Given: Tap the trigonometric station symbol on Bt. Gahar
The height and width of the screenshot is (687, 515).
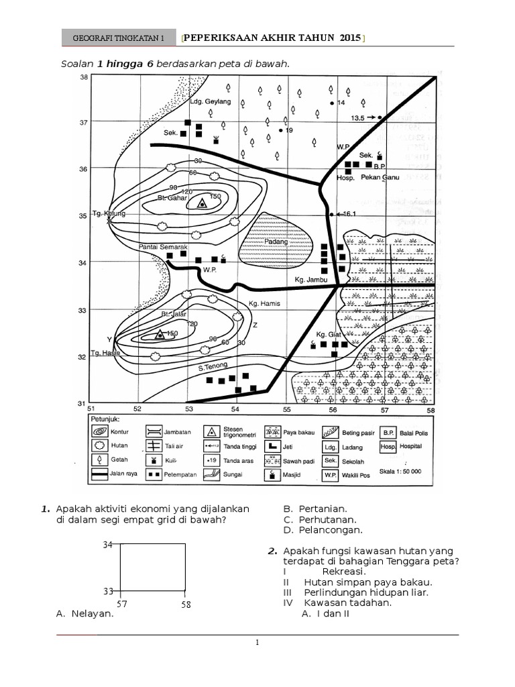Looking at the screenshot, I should pos(203,204).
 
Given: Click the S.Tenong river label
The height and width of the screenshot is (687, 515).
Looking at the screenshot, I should pos(213,366).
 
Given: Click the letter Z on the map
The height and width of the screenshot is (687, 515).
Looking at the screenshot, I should pos(254,325).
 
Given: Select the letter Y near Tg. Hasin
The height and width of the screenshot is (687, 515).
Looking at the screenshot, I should pos(109,339).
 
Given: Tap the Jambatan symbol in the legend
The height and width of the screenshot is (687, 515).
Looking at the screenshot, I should pos(154,433).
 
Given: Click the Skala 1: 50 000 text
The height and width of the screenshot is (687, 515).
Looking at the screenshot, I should pos(401,472).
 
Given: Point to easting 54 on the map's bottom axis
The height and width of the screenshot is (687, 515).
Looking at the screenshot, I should pos(236,409).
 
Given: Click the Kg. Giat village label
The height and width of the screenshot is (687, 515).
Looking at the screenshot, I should pos(329,334).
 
